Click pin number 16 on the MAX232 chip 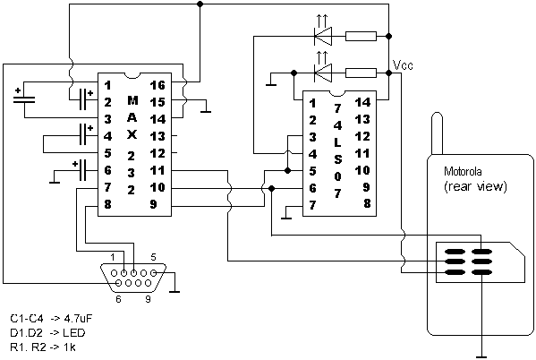[157, 85]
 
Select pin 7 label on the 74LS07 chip [312, 205]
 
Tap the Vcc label [403, 65]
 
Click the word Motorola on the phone [463, 171]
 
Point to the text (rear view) [475, 186]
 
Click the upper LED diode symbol [323, 36]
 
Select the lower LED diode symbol [323, 73]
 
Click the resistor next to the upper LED [361, 36]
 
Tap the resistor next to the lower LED [361, 73]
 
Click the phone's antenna [438, 133]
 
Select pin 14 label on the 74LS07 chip [362, 102]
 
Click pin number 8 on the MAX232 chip [107, 205]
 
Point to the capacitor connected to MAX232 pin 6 [82, 170]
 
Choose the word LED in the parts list [74, 332]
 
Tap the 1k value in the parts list [70, 347]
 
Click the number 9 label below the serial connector [148, 299]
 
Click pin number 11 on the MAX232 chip [157, 170]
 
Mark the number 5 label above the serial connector [153, 257]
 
